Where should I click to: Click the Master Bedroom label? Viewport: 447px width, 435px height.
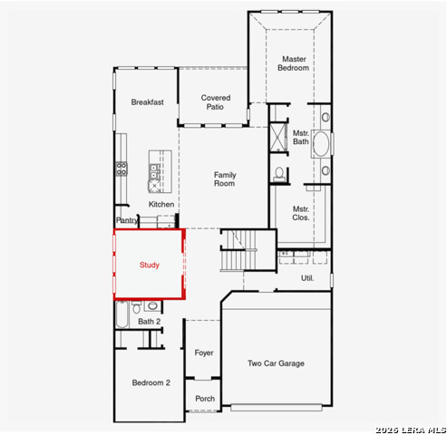[294, 63]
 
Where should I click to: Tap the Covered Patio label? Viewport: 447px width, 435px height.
[216, 102]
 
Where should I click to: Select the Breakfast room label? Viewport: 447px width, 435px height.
[148, 102]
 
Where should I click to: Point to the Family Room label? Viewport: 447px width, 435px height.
[225, 179]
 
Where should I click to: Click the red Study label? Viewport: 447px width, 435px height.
[150, 265]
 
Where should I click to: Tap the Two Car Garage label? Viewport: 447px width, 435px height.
[276, 363]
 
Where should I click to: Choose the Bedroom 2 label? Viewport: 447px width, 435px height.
[151, 382]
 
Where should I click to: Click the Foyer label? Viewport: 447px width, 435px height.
[204, 353]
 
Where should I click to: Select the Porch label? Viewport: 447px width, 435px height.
[205, 399]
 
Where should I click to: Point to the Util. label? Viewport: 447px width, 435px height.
[307, 278]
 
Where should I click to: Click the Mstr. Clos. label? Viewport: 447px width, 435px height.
[301, 213]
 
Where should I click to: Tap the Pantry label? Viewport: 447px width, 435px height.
[127, 220]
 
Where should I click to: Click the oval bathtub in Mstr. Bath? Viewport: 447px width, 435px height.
[321, 144]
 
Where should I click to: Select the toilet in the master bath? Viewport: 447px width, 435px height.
[279, 174]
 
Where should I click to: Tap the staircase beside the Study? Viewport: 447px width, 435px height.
[238, 250]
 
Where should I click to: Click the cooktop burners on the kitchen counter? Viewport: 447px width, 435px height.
[121, 169]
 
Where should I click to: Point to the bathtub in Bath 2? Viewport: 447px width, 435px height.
[122, 314]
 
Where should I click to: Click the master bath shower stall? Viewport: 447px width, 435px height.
[278, 137]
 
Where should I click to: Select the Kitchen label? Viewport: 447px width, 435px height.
[161, 204]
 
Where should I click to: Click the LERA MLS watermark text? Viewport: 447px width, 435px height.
[411, 430]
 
